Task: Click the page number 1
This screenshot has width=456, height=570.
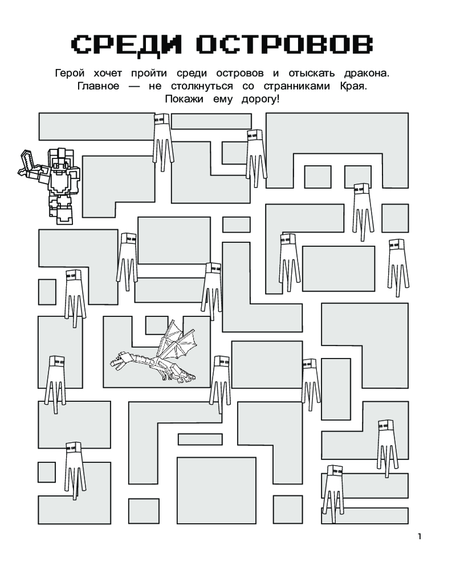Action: pos(420,536)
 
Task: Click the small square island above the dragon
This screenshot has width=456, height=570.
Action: pos(156,324)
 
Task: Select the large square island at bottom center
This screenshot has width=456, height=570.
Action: pos(215,490)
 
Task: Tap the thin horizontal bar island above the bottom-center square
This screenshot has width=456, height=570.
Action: pos(199,439)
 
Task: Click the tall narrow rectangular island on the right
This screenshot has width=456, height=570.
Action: pos(335,388)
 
